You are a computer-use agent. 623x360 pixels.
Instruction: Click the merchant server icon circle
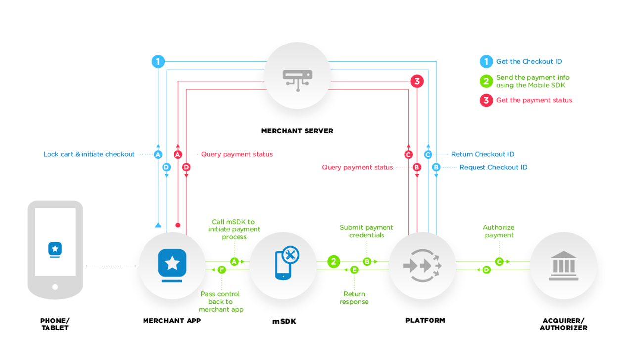pos(297,75)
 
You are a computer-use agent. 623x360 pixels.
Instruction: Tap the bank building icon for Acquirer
pos(564,266)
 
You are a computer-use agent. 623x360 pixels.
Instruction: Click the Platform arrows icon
pos(422,266)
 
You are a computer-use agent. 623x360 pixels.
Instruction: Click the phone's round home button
pos(55,287)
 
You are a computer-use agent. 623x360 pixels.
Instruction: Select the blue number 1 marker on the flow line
pos(158,62)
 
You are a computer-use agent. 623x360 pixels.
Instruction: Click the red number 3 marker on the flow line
pos(417,81)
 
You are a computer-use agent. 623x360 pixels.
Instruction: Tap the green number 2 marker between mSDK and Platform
pos(334,261)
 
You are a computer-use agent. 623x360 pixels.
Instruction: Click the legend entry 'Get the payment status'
pos(534,100)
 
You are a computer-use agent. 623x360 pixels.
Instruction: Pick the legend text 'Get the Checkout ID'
pos(529,62)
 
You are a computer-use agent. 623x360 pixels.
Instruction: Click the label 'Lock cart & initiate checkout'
pos(89,154)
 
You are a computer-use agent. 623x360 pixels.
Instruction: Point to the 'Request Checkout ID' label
pos(493,167)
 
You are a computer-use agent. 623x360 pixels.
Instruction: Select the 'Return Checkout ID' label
pos(482,154)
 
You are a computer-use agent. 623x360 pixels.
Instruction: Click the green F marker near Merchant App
pos(221,270)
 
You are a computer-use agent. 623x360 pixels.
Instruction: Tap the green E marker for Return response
pos(354,270)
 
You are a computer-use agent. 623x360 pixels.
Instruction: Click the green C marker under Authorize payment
pos(499,261)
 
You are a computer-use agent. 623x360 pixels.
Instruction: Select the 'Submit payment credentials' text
pos(366,231)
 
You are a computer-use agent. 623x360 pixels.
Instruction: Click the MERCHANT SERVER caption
pos(297,131)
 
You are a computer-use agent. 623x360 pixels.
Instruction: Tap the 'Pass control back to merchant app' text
pos(221,301)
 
